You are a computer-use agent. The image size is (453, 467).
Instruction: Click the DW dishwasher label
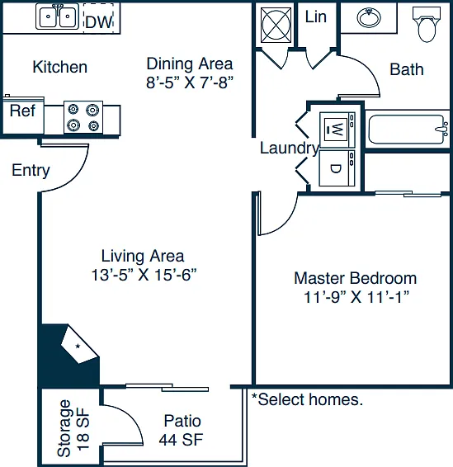(x=99, y=22)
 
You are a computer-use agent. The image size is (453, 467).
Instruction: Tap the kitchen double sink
(x=58, y=17)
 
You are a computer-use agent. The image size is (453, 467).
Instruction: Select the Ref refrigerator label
(x=22, y=111)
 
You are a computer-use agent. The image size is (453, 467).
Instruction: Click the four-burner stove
(x=83, y=117)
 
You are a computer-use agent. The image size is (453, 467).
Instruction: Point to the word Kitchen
(x=60, y=67)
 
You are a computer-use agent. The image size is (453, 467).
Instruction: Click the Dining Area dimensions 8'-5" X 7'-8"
(x=190, y=83)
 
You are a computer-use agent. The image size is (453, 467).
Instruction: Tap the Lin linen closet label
(x=316, y=17)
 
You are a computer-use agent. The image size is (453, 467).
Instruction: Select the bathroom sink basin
(x=369, y=17)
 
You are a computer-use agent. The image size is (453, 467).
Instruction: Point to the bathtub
(x=408, y=130)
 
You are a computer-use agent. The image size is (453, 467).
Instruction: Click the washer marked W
(x=337, y=130)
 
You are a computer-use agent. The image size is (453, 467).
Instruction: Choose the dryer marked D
(x=337, y=168)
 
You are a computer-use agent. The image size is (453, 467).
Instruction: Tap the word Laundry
(x=290, y=149)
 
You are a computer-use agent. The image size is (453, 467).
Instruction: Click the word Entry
(x=31, y=171)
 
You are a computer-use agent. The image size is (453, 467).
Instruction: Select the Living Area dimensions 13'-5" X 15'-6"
(x=144, y=275)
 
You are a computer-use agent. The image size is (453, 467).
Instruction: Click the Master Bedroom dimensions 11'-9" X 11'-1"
(x=356, y=297)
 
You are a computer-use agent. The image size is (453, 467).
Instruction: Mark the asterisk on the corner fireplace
(x=78, y=347)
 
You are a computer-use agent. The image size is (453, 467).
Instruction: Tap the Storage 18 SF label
(x=73, y=428)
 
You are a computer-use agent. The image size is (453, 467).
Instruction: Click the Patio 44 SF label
(x=182, y=430)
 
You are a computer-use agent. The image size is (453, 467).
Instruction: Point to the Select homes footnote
(x=307, y=399)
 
